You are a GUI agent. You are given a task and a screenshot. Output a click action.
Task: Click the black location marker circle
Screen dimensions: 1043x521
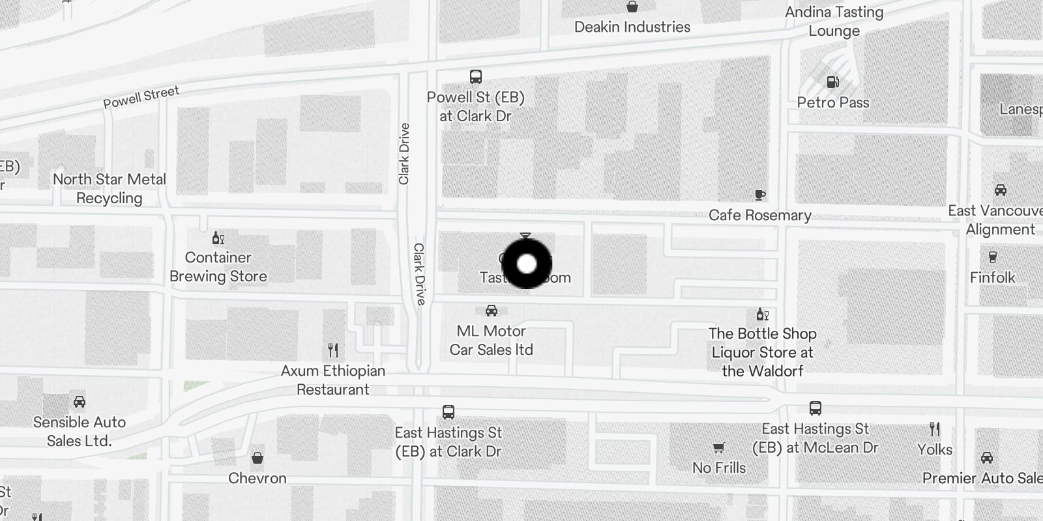pyautogui.click(x=526, y=264)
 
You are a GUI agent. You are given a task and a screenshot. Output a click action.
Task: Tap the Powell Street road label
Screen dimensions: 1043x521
pyautogui.click(x=141, y=97)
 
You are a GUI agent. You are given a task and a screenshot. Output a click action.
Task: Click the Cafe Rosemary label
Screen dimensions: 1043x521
pyautogui.click(x=760, y=215)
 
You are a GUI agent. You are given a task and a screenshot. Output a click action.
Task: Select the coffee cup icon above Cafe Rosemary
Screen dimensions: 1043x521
pyautogui.click(x=759, y=195)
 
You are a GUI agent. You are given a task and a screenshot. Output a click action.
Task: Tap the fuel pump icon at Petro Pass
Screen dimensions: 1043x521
pyautogui.click(x=832, y=82)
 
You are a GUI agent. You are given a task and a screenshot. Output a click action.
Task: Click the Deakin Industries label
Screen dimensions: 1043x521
pyautogui.click(x=632, y=27)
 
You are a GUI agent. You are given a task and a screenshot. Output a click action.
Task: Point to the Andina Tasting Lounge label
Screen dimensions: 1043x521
pyautogui.click(x=834, y=21)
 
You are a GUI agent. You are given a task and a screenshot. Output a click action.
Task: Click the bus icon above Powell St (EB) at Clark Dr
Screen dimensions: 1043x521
pyautogui.click(x=476, y=77)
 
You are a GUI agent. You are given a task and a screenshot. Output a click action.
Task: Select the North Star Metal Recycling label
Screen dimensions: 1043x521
pyautogui.click(x=110, y=188)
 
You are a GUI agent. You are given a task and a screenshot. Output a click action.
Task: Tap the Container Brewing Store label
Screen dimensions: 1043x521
pyautogui.click(x=218, y=266)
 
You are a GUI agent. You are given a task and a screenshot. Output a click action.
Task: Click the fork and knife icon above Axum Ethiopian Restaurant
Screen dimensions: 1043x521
pyautogui.click(x=333, y=350)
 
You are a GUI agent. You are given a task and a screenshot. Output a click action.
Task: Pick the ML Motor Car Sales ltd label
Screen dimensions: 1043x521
pyautogui.click(x=492, y=340)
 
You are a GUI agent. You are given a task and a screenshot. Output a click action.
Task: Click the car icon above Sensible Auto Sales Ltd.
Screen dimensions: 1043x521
pyautogui.click(x=80, y=402)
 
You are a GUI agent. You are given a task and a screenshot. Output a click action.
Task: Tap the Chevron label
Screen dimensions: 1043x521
pyautogui.click(x=257, y=478)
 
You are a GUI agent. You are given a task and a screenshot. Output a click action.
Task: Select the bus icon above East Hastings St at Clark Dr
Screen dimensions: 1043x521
pyautogui.click(x=448, y=412)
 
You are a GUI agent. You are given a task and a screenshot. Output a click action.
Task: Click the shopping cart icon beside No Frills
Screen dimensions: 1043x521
pyautogui.click(x=718, y=448)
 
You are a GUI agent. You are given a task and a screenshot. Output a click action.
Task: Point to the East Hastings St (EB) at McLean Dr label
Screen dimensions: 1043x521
pyautogui.click(x=815, y=438)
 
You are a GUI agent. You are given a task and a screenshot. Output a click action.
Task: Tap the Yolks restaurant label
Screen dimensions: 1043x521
pyautogui.click(x=935, y=449)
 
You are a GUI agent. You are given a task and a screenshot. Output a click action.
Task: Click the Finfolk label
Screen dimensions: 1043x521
pyautogui.click(x=992, y=277)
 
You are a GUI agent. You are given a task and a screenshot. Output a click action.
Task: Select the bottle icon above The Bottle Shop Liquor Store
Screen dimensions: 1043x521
pyautogui.click(x=762, y=315)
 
